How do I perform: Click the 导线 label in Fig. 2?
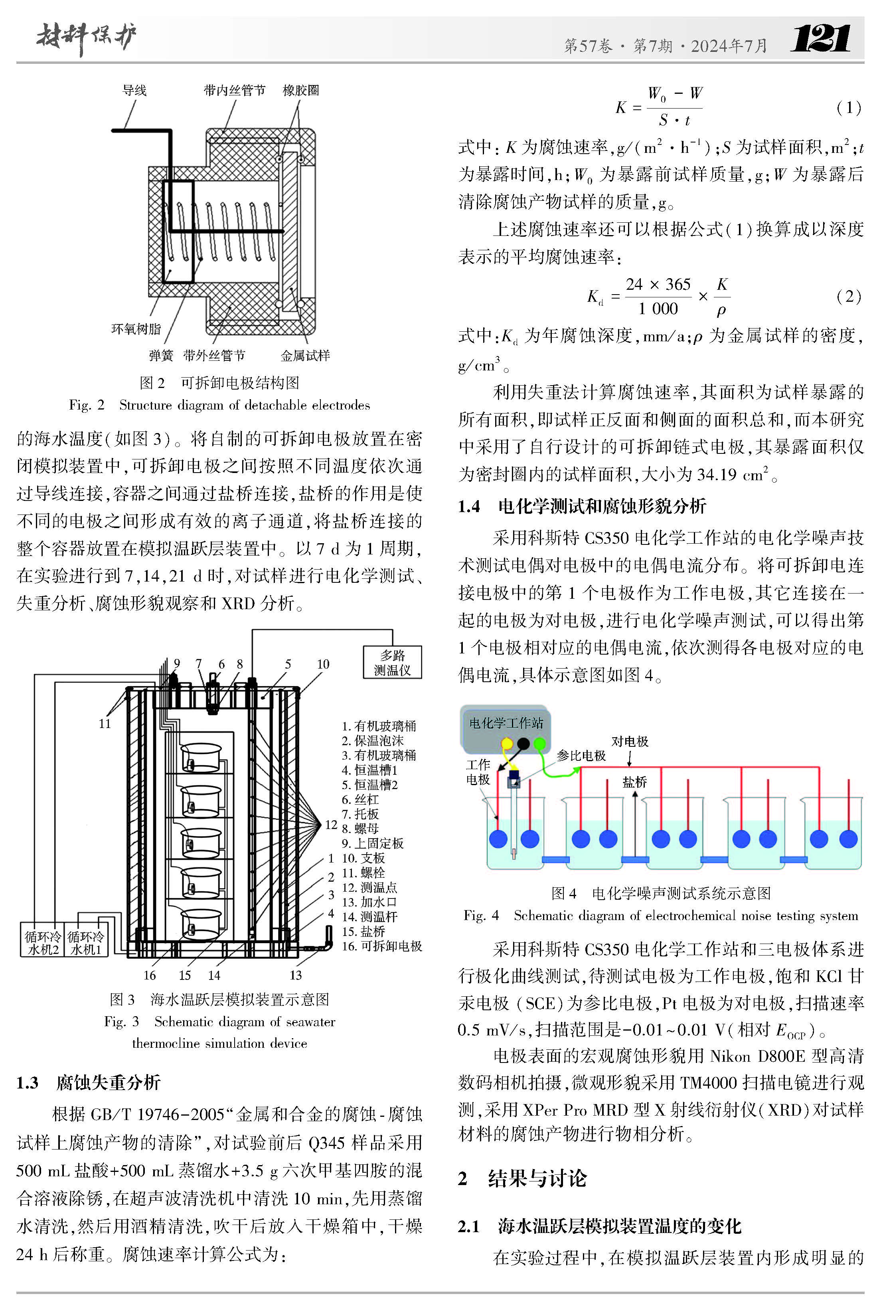[134, 90]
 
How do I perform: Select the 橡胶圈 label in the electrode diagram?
[300, 90]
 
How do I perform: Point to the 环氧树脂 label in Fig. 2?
[136, 329]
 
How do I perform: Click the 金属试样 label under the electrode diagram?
[305, 355]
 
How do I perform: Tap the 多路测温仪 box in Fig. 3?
[392, 663]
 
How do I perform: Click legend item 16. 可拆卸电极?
[382, 946]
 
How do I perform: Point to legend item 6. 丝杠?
[360, 799]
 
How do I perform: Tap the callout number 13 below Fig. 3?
[296, 975]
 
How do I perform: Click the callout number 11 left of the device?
[105, 723]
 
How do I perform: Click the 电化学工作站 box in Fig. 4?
[506, 723]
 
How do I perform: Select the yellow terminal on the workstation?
[507, 744]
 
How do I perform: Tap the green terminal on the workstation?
[539, 744]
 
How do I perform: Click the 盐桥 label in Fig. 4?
[634, 782]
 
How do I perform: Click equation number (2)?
[848, 296]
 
